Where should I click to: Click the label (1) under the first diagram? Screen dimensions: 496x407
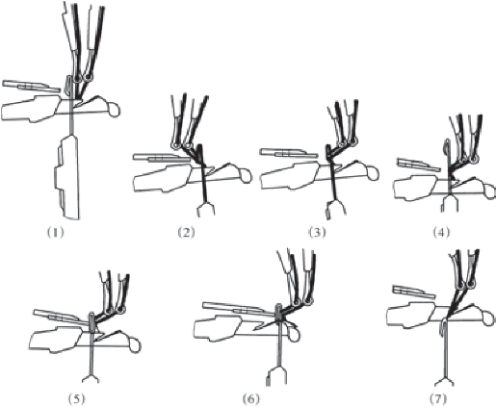click(56, 232)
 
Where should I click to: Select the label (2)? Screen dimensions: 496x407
click(186, 232)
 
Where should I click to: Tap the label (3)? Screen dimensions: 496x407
click(317, 232)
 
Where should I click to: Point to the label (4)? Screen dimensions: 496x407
click(441, 232)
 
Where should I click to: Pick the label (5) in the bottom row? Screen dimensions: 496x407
click(77, 398)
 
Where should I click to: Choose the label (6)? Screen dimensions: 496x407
click(250, 398)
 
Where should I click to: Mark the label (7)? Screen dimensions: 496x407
click(438, 398)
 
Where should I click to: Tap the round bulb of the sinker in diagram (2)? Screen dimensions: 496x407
click(245, 177)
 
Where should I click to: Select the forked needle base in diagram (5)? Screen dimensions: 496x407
click(91, 378)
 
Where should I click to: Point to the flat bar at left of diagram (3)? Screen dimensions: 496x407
click(289, 153)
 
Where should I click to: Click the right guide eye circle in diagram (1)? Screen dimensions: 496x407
click(88, 77)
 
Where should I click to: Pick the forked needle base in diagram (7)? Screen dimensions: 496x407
click(445, 381)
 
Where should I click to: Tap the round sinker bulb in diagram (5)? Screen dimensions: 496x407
click(135, 346)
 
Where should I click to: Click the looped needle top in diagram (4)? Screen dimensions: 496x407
click(446, 146)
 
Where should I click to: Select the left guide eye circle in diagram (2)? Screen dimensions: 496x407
click(175, 146)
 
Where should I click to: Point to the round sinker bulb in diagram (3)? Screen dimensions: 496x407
click(373, 173)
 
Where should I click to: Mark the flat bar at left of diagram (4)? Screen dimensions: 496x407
click(420, 164)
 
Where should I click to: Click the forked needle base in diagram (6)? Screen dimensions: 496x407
click(276, 376)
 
